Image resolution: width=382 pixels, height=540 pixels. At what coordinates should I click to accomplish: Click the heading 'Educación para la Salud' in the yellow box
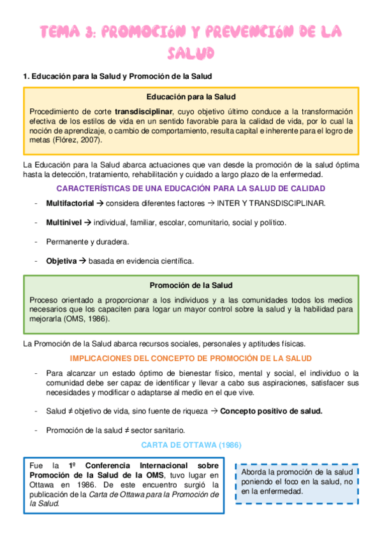(191, 97)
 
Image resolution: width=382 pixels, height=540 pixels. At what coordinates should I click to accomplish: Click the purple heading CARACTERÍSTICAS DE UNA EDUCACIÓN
(191, 188)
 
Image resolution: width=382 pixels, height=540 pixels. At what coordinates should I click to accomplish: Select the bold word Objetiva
(61, 261)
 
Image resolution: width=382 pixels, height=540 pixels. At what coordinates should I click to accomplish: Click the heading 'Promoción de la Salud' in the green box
(191, 285)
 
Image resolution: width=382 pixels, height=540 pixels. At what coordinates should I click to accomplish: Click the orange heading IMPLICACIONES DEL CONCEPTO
(191, 359)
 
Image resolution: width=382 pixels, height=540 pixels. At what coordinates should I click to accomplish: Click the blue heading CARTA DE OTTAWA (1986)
(191, 444)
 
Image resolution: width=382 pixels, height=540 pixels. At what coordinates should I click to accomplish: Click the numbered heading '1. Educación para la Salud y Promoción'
(117, 76)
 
